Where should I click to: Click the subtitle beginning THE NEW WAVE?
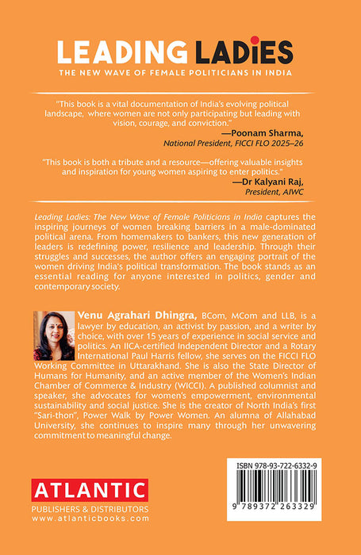(x=180, y=72)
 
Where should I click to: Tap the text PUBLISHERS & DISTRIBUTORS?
(x=90, y=509)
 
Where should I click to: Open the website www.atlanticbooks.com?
(x=90, y=519)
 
